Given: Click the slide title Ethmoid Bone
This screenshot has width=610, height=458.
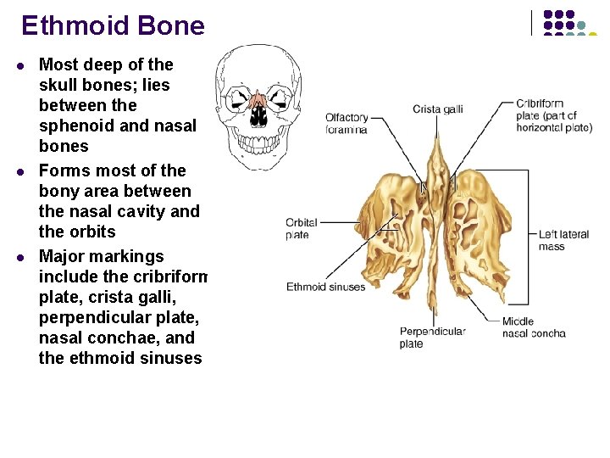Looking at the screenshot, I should pyautogui.click(x=113, y=25).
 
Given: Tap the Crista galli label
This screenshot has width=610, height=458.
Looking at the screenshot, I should pyautogui.click(x=437, y=109).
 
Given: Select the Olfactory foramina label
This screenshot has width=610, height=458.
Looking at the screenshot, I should pyautogui.click(x=347, y=124).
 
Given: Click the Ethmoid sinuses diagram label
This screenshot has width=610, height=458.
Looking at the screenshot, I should pyautogui.click(x=325, y=287).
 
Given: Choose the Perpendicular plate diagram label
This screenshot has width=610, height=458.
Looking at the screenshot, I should pyautogui.click(x=432, y=338).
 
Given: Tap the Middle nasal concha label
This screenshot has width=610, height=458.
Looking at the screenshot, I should pyautogui.click(x=533, y=327).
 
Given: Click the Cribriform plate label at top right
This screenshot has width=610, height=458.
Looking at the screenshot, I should pyautogui.click(x=553, y=115).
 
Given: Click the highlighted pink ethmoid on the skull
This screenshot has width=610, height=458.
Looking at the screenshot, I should pyautogui.click(x=259, y=103).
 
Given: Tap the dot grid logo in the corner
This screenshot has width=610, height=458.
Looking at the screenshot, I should pyautogui.click(x=568, y=23).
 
